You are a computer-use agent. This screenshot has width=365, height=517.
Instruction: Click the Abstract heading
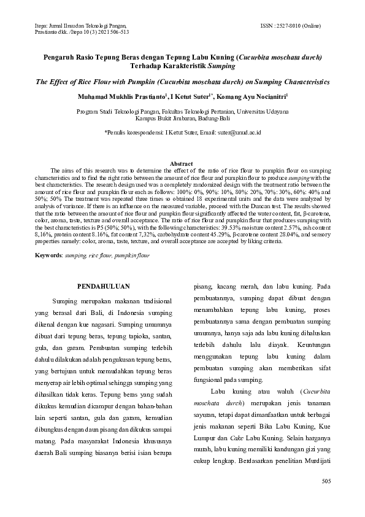182,163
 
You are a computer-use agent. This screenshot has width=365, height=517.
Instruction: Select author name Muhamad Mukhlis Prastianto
129,97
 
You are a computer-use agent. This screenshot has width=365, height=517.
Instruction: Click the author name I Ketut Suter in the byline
190,97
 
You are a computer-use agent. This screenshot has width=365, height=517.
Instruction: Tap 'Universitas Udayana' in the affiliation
257,112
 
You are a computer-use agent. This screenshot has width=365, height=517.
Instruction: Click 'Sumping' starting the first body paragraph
65,301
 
